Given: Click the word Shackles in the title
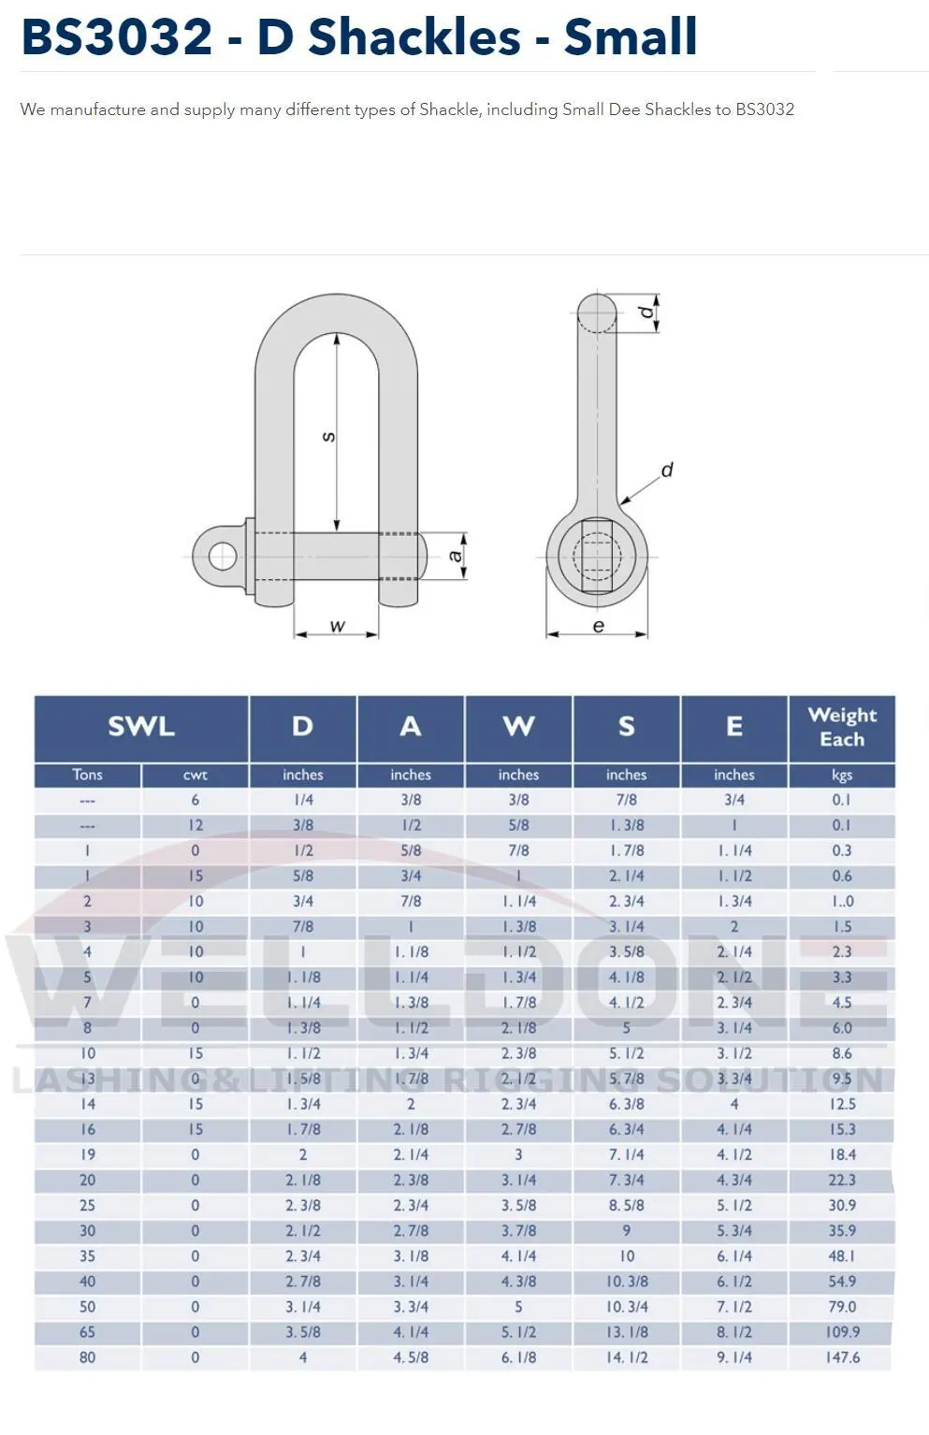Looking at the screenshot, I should [x=414, y=37].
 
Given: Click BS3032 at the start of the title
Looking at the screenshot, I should [x=117, y=37].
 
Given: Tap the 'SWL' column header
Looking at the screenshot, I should [x=141, y=727].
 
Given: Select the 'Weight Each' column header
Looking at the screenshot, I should [x=842, y=727].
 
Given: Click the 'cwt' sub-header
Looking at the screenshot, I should [x=195, y=775].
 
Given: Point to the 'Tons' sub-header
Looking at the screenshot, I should [x=88, y=775].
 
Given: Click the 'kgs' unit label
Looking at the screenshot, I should [x=842, y=775].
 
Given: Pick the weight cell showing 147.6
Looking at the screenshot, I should [x=842, y=1357].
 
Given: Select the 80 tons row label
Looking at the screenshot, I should [x=88, y=1357].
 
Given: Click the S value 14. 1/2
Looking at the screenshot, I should [x=627, y=1357].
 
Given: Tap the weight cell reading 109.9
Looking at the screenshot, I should [x=842, y=1332].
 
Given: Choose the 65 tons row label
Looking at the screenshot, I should [x=88, y=1332].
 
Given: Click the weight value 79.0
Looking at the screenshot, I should [x=842, y=1307].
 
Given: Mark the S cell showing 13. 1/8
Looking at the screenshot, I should [x=627, y=1332].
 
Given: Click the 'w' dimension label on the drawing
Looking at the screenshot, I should [x=338, y=626].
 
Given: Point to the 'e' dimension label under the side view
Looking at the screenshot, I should [x=598, y=626].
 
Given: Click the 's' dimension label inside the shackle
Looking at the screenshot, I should [x=328, y=437].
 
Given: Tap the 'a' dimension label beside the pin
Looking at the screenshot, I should [x=456, y=556].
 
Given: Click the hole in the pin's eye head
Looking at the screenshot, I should [x=223, y=557].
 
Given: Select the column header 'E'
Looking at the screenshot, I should [x=734, y=727].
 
